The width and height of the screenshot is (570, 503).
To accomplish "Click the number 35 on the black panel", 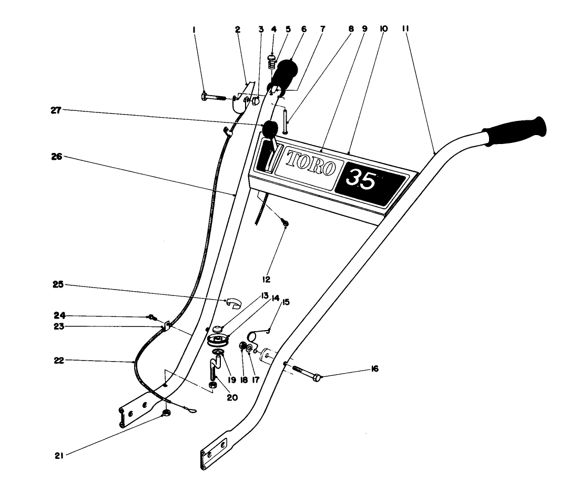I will tap(362, 180).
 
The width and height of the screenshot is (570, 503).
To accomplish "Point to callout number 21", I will tap(59, 456).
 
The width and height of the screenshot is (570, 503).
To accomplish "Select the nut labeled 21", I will tap(167, 414).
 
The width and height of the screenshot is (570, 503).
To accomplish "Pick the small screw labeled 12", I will tap(284, 224).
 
